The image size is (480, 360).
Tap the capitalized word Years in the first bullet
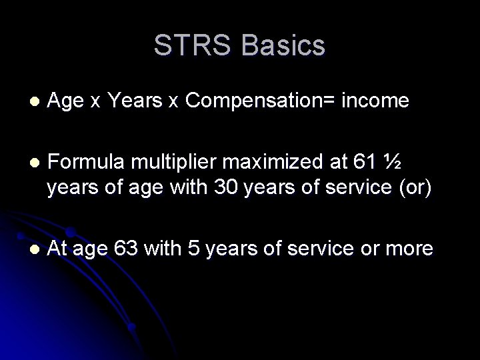pos(139,101)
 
